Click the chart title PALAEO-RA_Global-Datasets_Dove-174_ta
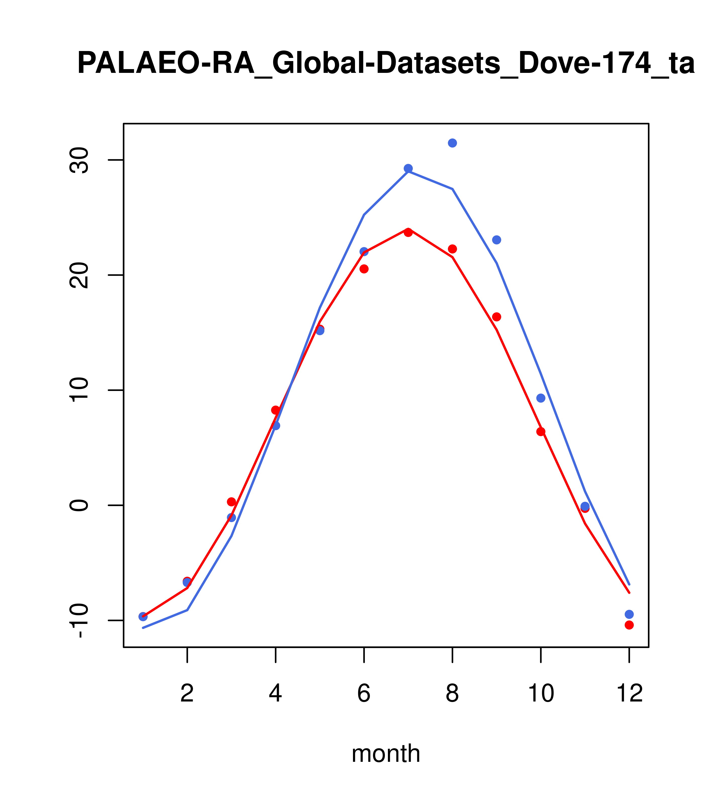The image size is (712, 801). click(386, 64)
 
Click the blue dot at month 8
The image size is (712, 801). click(452, 143)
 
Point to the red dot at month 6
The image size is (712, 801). click(364, 269)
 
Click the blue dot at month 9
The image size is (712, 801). click(496, 240)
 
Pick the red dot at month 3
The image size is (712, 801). click(232, 502)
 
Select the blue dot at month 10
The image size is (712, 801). click(541, 398)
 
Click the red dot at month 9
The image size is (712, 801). click(496, 317)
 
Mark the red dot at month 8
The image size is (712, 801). click(452, 249)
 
